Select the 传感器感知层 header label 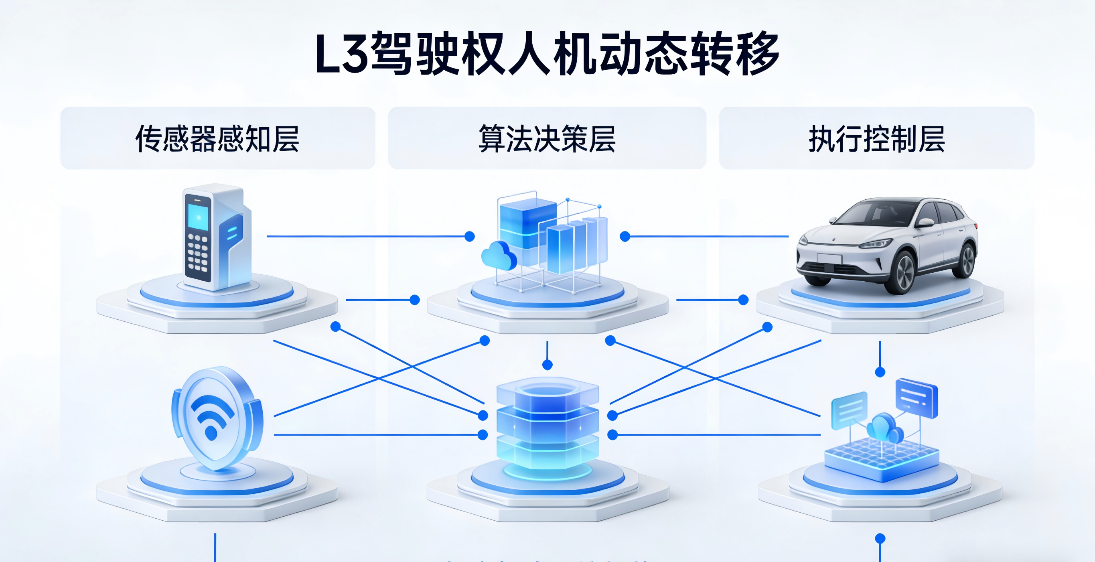[x=217, y=138]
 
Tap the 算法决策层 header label [x=547, y=138]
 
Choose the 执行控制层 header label [x=876, y=138]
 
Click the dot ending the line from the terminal [x=469, y=236]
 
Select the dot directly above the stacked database [x=547, y=364]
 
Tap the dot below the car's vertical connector [x=880, y=372]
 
